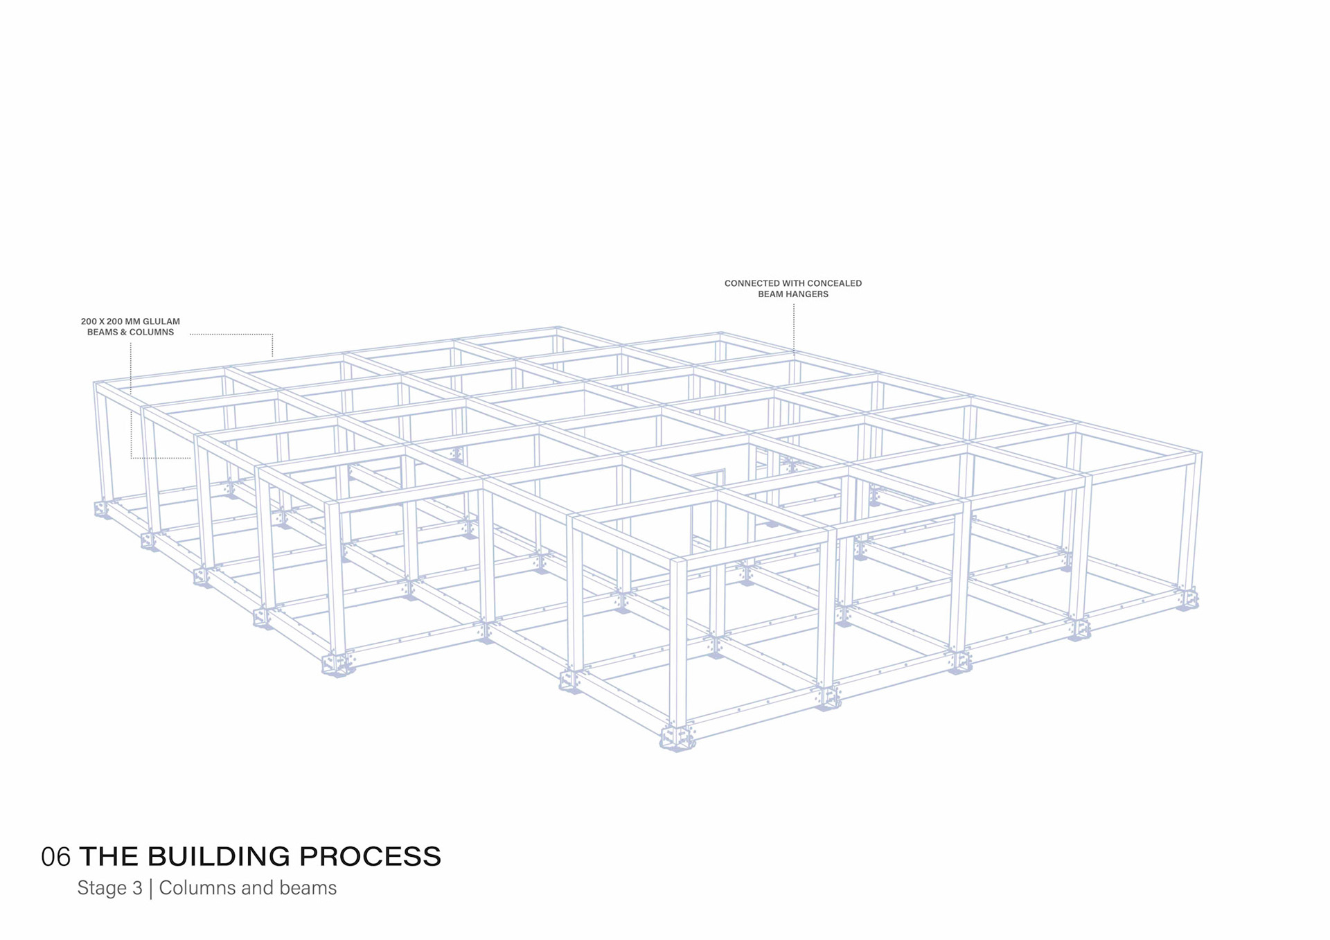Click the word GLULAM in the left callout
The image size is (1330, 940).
tap(161, 321)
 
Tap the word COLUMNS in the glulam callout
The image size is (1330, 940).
tap(152, 332)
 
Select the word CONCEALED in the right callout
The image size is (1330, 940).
tap(834, 283)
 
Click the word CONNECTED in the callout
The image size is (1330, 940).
tap(752, 283)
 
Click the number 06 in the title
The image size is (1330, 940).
tap(55, 857)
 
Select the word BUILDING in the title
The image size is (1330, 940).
tap(220, 857)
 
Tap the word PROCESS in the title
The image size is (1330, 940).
tap(370, 857)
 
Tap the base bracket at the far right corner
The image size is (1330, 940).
tap(1187, 598)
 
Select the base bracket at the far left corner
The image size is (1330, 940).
tap(102, 509)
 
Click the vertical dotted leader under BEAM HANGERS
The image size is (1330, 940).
tap(794, 329)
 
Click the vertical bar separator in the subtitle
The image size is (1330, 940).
tap(150, 889)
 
